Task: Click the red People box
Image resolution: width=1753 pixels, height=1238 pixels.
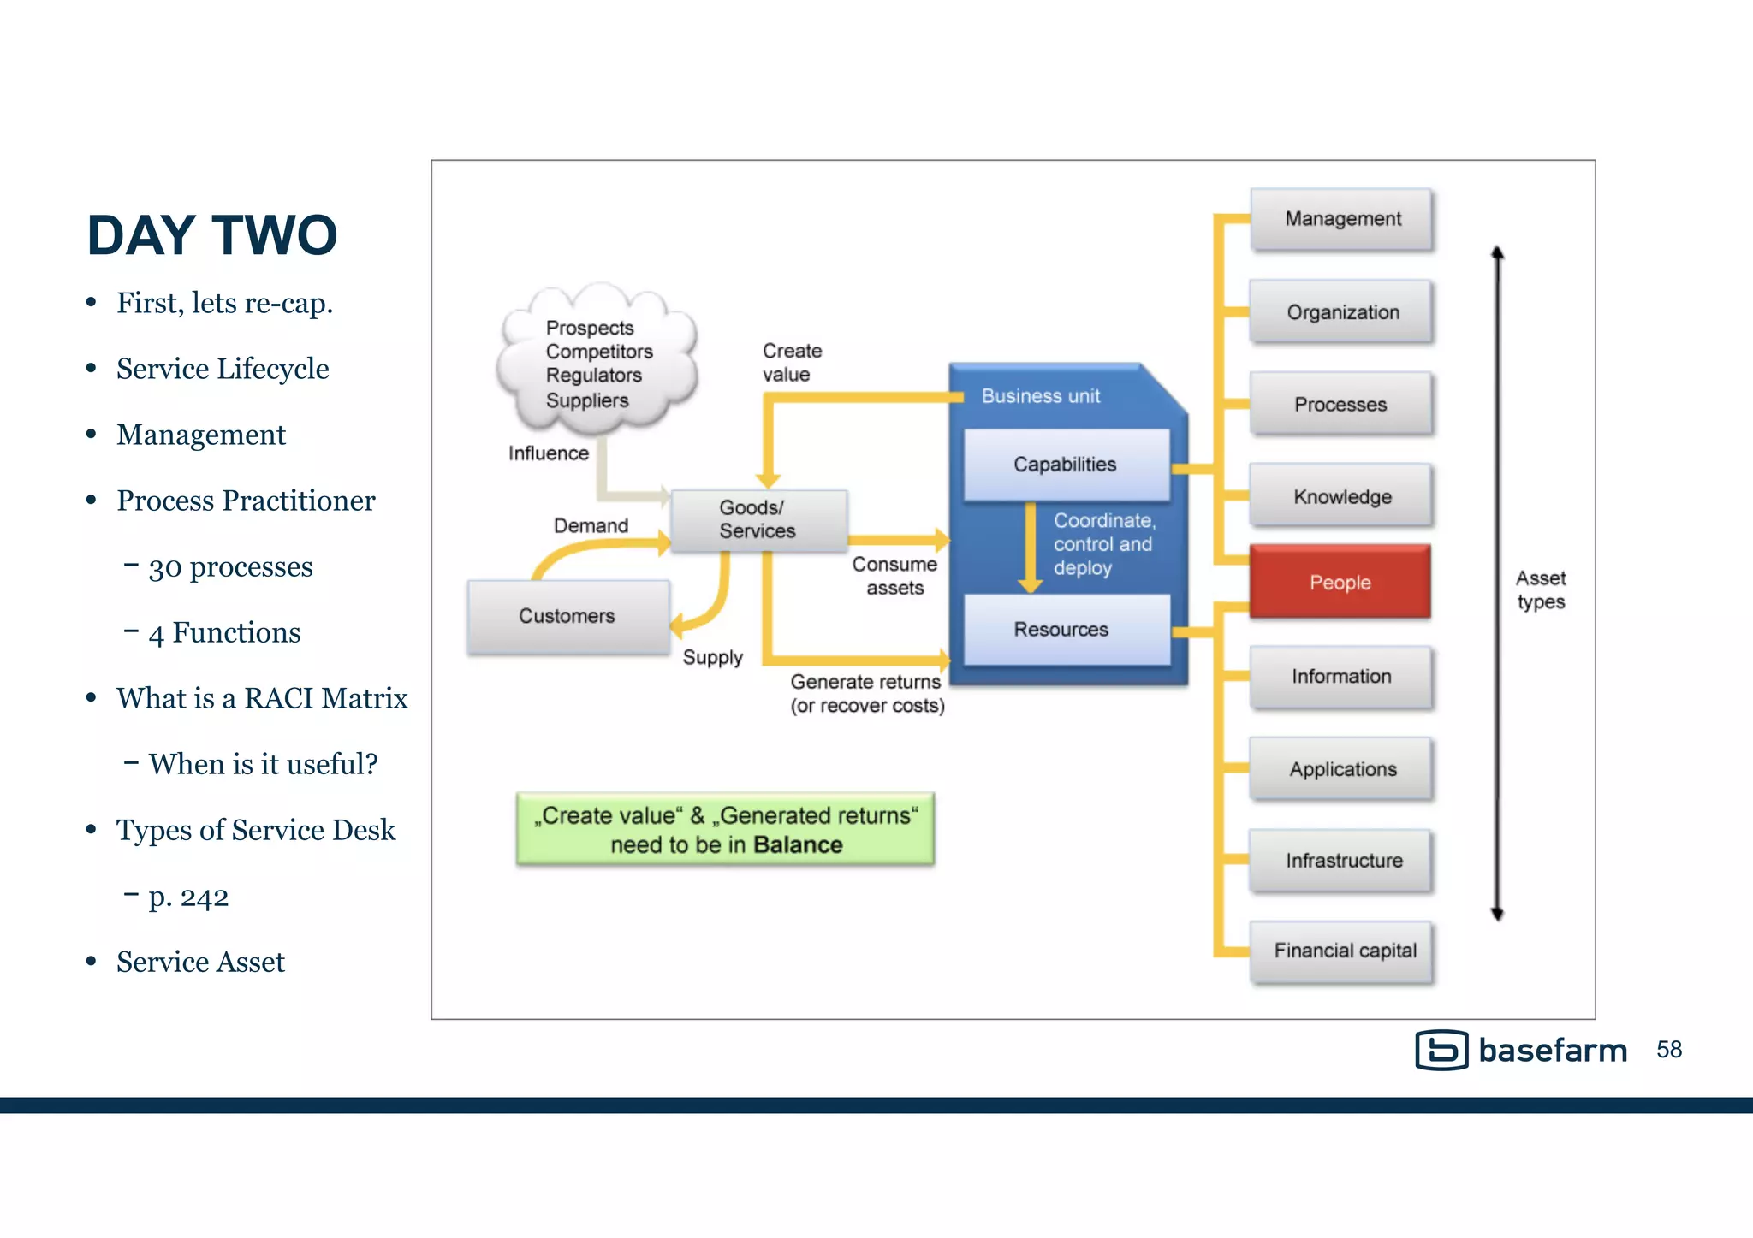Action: point(1340,582)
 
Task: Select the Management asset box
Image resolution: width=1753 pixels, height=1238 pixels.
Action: point(1341,219)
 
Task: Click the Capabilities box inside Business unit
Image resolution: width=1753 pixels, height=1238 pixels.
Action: point(1066,465)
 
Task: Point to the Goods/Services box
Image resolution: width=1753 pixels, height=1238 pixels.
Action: point(758,520)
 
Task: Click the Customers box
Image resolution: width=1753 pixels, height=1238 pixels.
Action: point(567,616)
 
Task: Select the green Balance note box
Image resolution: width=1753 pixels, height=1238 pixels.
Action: point(725,829)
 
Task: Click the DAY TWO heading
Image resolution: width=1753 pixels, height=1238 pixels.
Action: point(212,235)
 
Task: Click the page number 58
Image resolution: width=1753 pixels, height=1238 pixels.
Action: point(1668,1050)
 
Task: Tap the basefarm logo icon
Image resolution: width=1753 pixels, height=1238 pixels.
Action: point(1441,1050)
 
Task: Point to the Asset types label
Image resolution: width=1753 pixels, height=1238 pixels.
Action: point(1541,589)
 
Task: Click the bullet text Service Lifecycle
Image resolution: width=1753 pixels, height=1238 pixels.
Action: point(223,369)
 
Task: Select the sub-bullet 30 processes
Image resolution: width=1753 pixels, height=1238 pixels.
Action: point(230,566)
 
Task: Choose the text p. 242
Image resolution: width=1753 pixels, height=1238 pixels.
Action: point(188,897)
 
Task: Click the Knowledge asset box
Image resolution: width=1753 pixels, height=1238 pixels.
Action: point(1341,496)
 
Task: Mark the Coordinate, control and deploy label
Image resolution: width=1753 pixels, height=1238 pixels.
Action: point(1103,544)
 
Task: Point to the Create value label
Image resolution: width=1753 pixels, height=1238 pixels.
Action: point(792,363)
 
